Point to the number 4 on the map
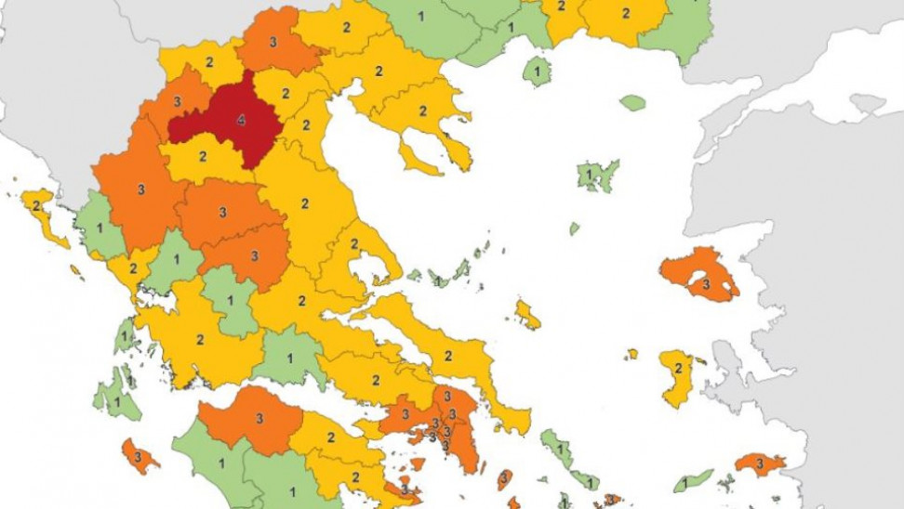click(x=242, y=121)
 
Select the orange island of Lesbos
click(x=699, y=274)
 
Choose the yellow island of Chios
click(x=677, y=376)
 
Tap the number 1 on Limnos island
click(x=589, y=174)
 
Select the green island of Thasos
click(x=536, y=71)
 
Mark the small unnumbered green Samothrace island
click(x=632, y=102)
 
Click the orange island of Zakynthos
click(x=140, y=457)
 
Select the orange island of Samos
click(x=760, y=463)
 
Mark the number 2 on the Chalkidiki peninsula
click(x=423, y=111)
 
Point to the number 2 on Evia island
click(x=447, y=355)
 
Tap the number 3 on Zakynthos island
click(x=138, y=456)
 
